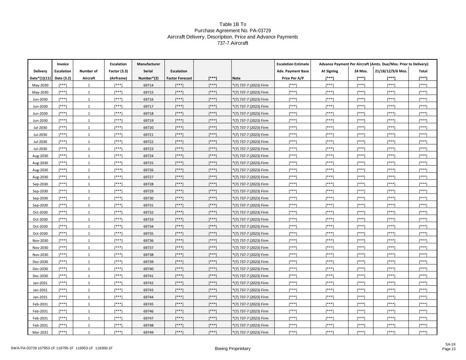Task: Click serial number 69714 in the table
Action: [148, 85]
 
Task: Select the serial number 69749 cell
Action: [148, 332]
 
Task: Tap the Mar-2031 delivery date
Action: [40, 332]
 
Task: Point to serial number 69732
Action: [148, 212]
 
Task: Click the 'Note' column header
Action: [236, 78]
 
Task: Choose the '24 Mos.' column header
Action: [361, 71]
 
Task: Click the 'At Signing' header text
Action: [329, 71]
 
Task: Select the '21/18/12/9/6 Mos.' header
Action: [391, 71]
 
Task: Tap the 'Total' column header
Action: [423, 71]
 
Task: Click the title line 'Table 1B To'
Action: [232, 24]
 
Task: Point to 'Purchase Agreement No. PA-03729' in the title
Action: [232, 31]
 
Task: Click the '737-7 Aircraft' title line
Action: [232, 43]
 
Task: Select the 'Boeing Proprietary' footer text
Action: [232, 348]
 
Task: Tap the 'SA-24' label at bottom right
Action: [450, 344]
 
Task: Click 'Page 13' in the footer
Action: [449, 349]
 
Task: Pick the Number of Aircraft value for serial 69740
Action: [89, 269]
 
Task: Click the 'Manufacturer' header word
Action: [148, 64]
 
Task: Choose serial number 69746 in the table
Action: [148, 311]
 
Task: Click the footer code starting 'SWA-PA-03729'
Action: [61, 348]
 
